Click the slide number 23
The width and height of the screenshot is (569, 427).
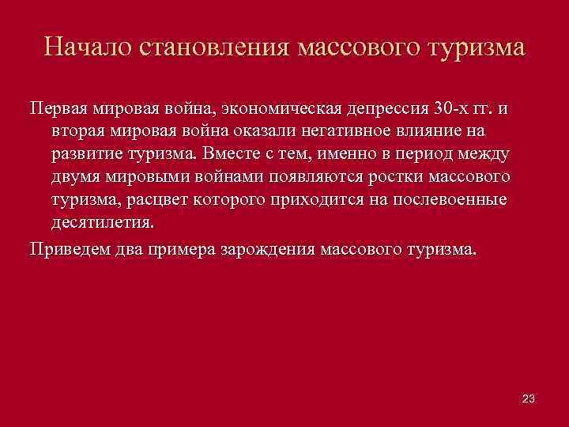coord(529,399)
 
